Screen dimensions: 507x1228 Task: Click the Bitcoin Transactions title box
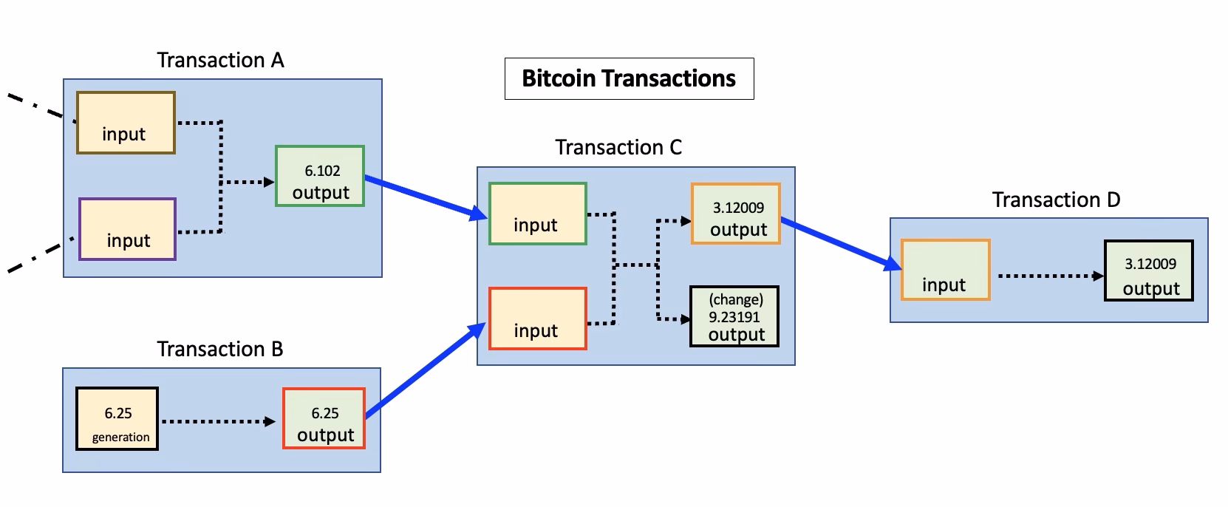coord(629,78)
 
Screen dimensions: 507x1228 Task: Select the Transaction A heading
coord(220,60)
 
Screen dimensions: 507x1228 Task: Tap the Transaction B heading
coord(219,349)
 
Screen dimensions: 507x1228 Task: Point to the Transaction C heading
coord(618,148)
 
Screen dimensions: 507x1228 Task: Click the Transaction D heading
coord(1056,200)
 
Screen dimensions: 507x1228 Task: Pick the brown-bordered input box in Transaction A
coord(126,123)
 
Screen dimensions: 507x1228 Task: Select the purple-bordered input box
coord(127,229)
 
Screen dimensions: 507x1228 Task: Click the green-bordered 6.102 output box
coord(320,176)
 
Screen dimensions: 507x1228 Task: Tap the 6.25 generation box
coord(117,418)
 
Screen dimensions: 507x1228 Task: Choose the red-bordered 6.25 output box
coord(324,418)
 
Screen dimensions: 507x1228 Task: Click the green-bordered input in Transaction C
coord(537,214)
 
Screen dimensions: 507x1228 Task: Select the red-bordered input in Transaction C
coord(537,319)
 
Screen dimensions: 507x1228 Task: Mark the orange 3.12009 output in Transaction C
coord(735,214)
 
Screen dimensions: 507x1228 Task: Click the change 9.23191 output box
coord(734,316)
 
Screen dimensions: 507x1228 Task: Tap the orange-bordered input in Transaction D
coord(945,270)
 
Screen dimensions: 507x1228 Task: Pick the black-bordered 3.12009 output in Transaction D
coord(1148,270)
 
